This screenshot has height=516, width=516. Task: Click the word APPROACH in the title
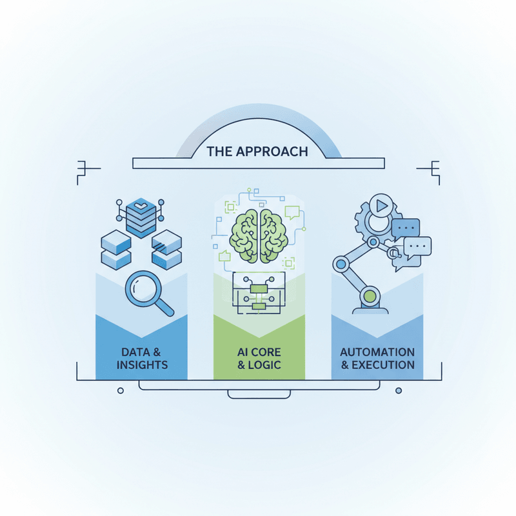click(x=272, y=152)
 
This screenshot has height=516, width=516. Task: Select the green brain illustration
click(x=259, y=236)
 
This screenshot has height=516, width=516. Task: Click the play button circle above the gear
click(x=381, y=206)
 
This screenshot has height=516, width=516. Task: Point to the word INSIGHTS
click(x=142, y=365)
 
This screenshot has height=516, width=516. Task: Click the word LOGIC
click(x=264, y=365)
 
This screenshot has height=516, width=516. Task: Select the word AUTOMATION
click(x=377, y=352)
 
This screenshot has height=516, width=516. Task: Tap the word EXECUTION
click(x=383, y=365)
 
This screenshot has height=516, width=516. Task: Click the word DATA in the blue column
click(x=135, y=352)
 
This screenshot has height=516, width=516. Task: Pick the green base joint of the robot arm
click(x=370, y=297)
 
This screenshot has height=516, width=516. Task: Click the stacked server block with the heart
click(x=141, y=217)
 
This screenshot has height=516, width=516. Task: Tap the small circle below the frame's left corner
click(x=121, y=391)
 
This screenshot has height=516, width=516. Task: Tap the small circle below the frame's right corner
click(x=399, y=391)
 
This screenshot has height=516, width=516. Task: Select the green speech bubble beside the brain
click(x=292, y=212)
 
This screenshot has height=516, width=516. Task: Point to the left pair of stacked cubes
click(x=116, y=250)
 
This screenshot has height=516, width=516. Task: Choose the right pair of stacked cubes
click(x=166, y=250)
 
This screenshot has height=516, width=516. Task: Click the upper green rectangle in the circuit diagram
click(x=259, y=289)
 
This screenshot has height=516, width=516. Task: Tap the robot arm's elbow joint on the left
click(x=341, y=264)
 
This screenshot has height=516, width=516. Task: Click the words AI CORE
click(x=259, y=352)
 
